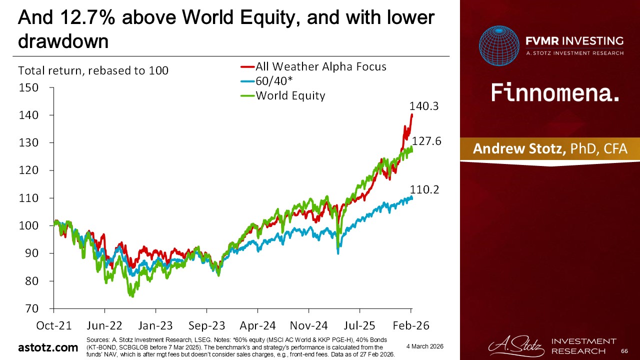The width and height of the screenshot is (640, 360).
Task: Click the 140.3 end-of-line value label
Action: (x=425, y=106)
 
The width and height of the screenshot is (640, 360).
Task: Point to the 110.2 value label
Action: (x=425, y=189)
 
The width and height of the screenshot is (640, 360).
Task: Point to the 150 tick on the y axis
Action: (x=28, y=88)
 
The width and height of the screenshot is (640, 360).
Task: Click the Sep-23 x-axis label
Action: (x=207, y=325)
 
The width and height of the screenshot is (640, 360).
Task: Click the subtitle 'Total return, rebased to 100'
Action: (x=93, y=70)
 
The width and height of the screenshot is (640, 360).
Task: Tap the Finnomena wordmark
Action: (x=555, y=93)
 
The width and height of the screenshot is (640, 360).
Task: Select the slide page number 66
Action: (x=623, y=352)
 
